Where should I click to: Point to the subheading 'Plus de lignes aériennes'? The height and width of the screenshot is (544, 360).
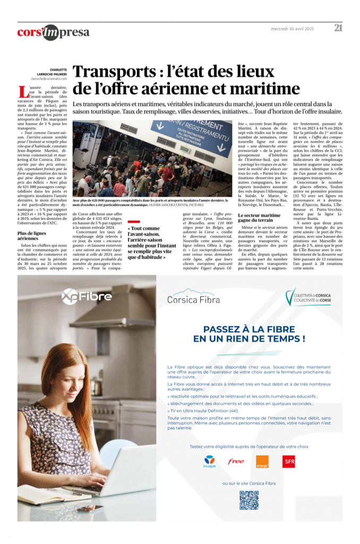[32, 235]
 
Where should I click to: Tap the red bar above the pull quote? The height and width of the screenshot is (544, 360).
[133, 222]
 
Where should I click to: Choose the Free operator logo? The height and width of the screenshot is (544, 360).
[236, 461]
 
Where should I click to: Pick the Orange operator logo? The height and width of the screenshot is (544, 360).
[262, 462]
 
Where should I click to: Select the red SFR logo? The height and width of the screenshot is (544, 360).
[289, 462]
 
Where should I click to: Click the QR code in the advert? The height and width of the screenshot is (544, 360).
[248, 500]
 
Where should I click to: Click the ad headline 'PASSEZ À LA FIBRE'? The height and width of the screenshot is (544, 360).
[249, 328]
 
